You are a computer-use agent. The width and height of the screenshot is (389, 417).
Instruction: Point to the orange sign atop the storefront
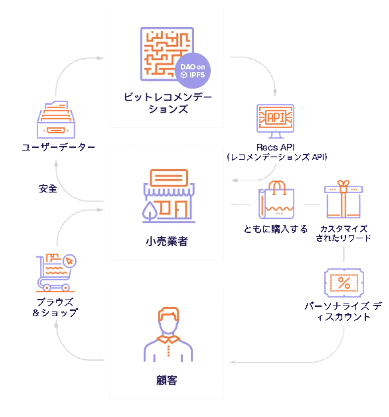(x=169, y=177)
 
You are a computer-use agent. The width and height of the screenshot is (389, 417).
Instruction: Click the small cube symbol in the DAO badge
(x=183, y=75)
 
